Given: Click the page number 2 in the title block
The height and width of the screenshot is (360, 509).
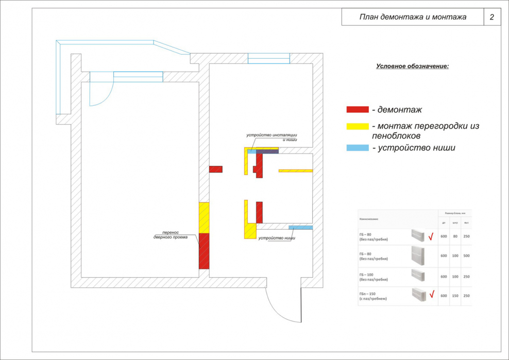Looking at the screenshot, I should tap(491, 17).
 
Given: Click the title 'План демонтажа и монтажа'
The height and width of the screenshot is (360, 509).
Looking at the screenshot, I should tap(413, 17).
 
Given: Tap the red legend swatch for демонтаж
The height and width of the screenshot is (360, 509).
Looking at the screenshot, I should tap(358, 109).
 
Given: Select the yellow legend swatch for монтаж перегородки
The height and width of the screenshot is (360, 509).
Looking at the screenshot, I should tap(358, 126).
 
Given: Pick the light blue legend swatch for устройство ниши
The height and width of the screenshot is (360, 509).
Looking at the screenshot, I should tap(358, 148).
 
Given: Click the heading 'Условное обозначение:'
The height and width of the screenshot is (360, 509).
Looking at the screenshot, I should tap(412, 66).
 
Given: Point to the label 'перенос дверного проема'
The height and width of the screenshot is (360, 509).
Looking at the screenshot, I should tap(171, 234).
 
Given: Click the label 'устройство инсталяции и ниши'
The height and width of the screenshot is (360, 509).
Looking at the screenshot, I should tap(272, 137).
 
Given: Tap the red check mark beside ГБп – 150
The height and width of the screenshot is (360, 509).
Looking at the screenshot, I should tap(431, 295).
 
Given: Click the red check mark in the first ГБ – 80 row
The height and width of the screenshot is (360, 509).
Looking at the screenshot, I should tap(431, 237).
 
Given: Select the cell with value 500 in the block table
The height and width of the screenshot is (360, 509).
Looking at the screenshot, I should tap(466, 255).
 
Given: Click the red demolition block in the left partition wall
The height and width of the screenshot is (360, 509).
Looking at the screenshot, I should tap(204, 251).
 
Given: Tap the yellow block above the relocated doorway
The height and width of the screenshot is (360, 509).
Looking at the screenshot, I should tap(204, 217).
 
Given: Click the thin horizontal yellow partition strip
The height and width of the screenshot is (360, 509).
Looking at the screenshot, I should tap(296, 170).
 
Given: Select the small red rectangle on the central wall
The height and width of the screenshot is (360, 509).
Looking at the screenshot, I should tap(215, 169).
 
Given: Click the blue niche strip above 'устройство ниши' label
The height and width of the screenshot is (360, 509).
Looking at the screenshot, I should tap(301, 227).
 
